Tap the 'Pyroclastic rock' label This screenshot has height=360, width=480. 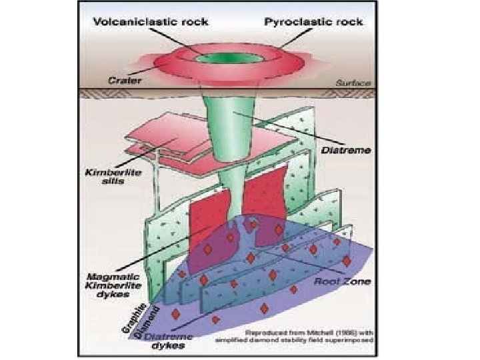(x=313, y=21)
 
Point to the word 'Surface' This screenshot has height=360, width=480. (x=356, y=84)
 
